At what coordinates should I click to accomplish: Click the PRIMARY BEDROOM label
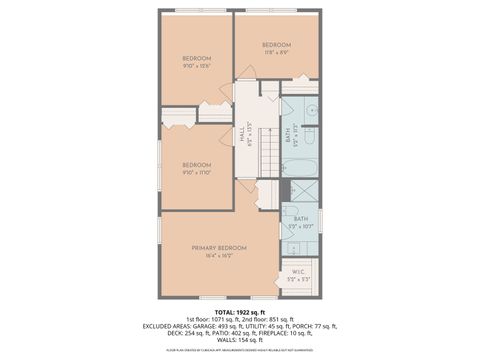tap(219, 247)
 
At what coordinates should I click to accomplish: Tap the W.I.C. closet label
tap(298, 270)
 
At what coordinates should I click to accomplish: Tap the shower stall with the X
tap(301, 193)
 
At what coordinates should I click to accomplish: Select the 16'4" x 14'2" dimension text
tap(219, 256)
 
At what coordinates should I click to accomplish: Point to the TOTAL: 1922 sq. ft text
tap(240, 312)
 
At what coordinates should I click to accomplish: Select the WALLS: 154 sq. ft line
tap(240, 340)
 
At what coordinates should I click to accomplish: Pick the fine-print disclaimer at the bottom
tap(240, 350)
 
